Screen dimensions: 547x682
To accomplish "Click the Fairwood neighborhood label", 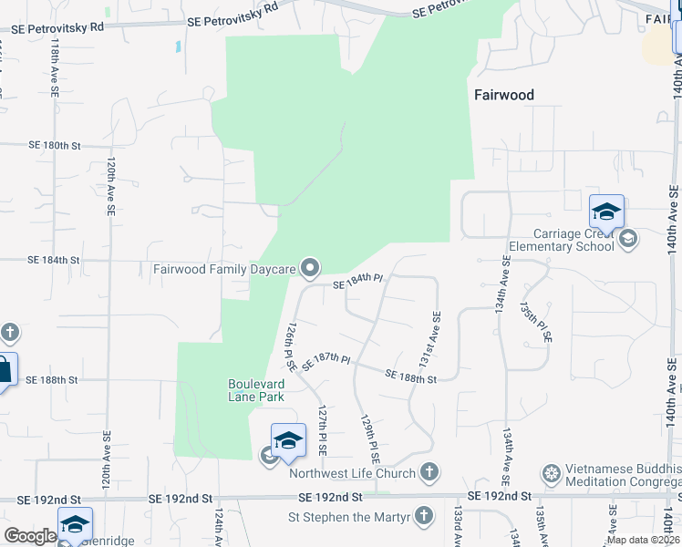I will (503, 95).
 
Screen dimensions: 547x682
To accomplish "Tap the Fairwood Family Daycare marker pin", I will (310, 268).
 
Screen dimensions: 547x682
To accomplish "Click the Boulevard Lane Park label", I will (256, 390).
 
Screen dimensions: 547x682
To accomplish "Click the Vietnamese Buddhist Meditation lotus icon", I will (551, 473).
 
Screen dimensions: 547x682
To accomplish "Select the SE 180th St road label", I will (55, 145).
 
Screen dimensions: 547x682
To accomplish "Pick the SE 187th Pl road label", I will (326, 360).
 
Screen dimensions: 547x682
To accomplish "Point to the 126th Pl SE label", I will (290, 346).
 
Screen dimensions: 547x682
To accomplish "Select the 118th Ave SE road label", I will (55, 67).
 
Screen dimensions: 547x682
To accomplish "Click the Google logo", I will (30, 536).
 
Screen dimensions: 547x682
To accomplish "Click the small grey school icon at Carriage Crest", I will (627, 240).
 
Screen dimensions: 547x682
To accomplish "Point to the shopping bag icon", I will (5, 369).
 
